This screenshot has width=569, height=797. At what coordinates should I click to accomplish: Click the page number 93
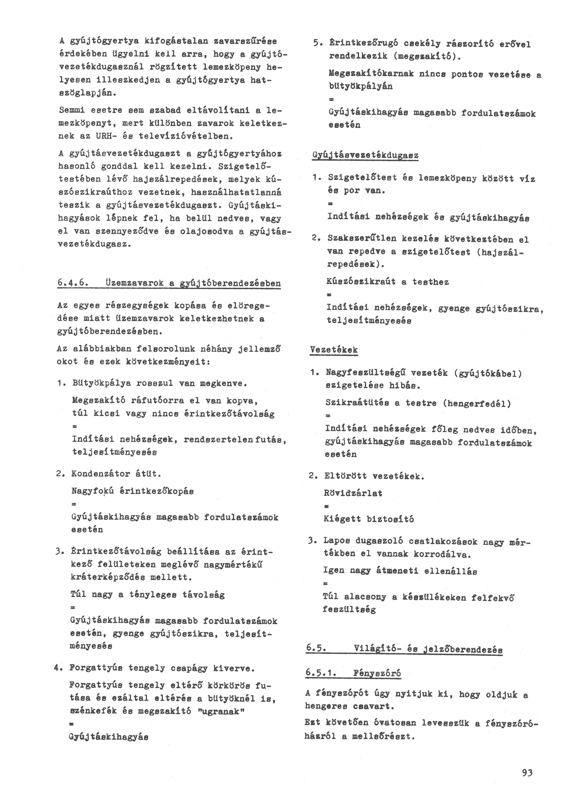[x=527, y=763]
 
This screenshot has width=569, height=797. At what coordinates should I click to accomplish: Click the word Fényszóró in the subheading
[x=377, y=673]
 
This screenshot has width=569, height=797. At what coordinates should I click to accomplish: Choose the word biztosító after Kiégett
[x=390, y=519]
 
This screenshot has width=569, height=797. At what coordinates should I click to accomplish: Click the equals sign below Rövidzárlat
[x=326, y=506]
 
